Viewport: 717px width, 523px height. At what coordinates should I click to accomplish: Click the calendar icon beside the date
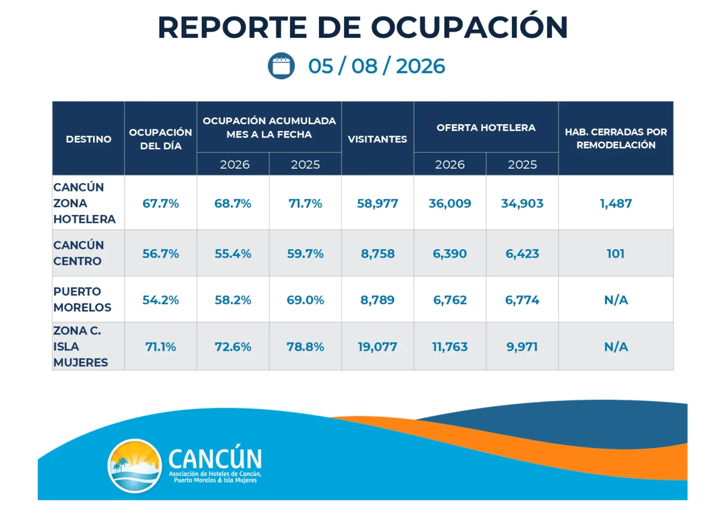tap(281, 66)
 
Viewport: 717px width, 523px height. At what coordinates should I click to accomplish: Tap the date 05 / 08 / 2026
tap(377, 66)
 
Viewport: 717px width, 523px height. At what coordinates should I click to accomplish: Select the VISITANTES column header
tap(377, 139)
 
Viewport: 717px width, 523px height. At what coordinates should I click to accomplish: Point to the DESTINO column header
tap(89, 139)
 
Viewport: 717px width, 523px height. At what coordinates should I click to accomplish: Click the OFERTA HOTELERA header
tap(486, 128)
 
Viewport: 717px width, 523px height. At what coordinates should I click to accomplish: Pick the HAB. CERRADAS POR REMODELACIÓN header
tap(616, 138)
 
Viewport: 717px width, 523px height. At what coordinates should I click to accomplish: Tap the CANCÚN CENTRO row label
tap(79, 253)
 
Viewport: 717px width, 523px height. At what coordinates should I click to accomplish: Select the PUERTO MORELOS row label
tap(82, 300)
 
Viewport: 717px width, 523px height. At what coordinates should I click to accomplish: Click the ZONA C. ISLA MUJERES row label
tap(81, 347)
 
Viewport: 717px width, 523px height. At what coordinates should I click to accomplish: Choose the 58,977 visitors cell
tap(377, 204)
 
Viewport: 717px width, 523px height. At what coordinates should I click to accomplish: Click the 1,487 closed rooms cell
tap(616, 204)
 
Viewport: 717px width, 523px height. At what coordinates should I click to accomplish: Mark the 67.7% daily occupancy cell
tap(161, 204)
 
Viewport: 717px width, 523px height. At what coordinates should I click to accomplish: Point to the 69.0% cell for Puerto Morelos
tap(305, 300)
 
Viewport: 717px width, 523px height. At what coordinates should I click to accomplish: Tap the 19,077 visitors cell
tap(377, 347)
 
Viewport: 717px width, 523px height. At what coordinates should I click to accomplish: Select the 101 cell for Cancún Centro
tap(615, 254)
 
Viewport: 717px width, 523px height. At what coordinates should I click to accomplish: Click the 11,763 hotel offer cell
tap(450, 347)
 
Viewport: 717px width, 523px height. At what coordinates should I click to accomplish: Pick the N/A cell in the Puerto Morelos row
tap(616, 300)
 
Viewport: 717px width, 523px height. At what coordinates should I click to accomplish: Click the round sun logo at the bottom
tap(135, 466)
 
